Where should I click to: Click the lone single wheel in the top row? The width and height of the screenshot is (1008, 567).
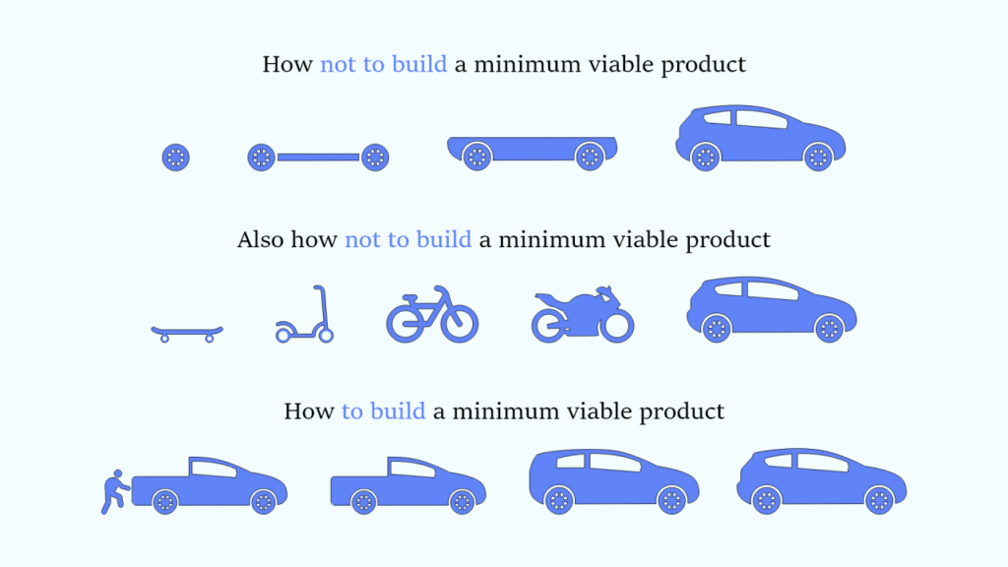point(175,157)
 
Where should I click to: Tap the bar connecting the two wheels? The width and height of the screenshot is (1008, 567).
point(317,157)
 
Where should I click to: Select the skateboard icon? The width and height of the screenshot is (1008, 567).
point(186,332)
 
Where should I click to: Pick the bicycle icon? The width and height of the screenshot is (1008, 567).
point(431,315)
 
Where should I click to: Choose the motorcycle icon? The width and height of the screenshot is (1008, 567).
point(582,315)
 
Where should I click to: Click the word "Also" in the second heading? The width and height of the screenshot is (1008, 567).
point(260,240)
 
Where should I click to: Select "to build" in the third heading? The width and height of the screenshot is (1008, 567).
point(383,410)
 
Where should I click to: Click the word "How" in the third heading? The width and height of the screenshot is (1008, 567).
point(308,410)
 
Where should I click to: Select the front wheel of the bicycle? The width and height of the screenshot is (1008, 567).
point(460,322)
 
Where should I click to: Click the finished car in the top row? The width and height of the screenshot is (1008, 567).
point(760,139)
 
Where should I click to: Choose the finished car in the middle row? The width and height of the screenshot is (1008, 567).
point(771,308)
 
